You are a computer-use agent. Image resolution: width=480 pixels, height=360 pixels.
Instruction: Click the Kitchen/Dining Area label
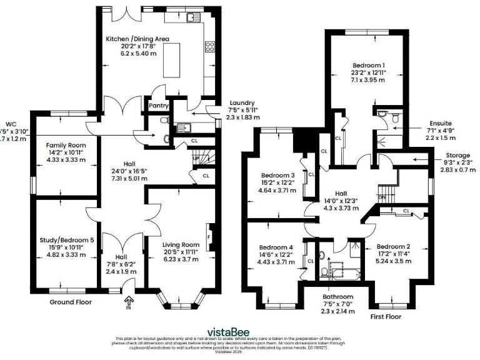[x=137, y=39]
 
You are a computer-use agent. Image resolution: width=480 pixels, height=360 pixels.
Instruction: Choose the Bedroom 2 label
[x=394, y=246]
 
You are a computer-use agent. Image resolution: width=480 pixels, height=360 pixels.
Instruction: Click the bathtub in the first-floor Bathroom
[x=337, y=273]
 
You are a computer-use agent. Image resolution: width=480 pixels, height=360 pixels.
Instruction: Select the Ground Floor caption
[x=70, y=302]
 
